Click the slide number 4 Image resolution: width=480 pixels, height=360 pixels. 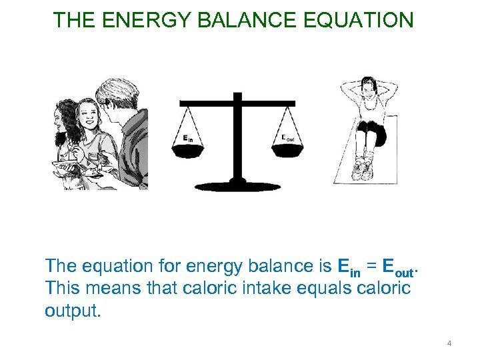[449, 343]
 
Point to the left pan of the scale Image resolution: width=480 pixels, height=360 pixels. [189, 152]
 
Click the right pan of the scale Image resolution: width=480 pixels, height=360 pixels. [288, 151]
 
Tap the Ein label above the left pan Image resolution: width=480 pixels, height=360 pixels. [189, 139]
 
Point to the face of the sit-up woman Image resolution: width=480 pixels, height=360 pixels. [368, 88]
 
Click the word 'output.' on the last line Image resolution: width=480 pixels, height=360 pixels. [73, 311]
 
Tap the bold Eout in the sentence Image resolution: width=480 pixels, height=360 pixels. [399, 267]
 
